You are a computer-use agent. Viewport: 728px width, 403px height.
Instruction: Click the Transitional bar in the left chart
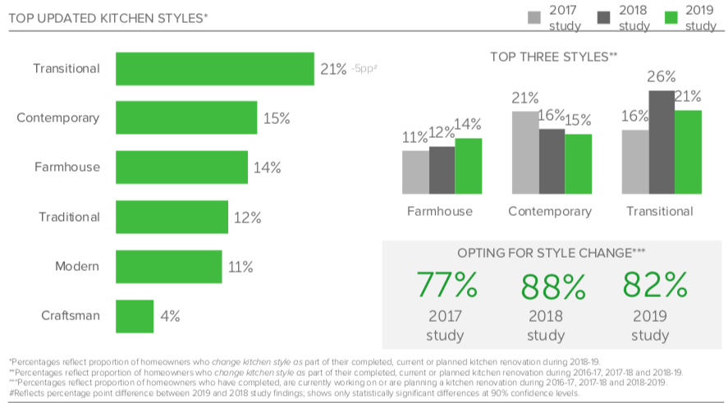[214, 69]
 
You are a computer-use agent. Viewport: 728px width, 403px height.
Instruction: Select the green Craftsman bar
[135, 316]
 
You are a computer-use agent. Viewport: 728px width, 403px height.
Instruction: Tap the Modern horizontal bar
[168, 267]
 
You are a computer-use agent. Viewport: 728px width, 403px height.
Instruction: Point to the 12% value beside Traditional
[247, 218]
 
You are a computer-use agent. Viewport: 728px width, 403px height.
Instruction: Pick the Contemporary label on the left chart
[58, 118]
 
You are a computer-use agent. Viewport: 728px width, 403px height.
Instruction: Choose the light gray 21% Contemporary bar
[525, 152]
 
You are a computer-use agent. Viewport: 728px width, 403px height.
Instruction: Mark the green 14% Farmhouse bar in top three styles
[469, 166]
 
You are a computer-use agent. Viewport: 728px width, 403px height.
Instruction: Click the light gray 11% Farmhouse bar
[415, 172]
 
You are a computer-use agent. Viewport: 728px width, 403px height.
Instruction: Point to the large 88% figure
[553, 286]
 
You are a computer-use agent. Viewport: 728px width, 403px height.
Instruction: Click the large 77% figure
[446, 285]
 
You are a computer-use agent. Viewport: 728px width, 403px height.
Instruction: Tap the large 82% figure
[655, 285]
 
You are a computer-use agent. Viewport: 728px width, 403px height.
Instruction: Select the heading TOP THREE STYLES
[553, 57]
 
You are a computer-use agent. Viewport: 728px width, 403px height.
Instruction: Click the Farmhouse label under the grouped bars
[440, 211]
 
